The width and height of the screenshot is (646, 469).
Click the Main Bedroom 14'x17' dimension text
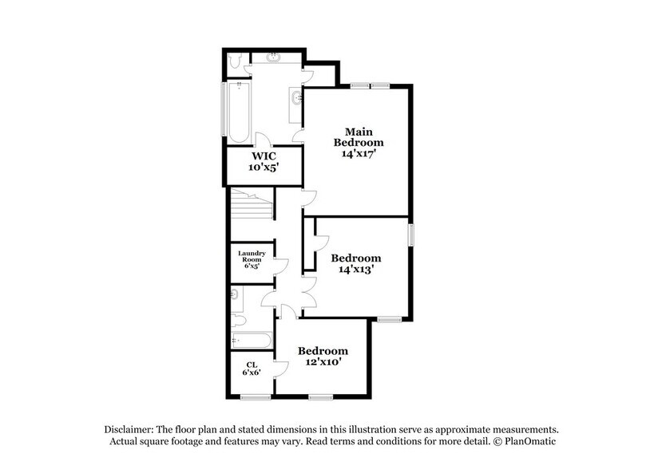click(x=359, y=153)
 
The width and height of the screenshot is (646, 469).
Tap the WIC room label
click(x=264, y=156)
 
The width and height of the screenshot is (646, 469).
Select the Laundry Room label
click(x=252, y=256)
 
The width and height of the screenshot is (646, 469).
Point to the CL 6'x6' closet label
click(x=252, y=368)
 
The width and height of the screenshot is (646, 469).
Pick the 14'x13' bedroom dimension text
click(x=356, y=269)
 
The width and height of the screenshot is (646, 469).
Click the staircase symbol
click(x=252, y=203)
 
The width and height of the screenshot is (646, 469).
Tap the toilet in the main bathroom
click(x=235, y=61)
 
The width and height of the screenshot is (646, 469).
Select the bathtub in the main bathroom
click(x=239, y=112)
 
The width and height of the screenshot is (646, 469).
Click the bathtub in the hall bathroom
click(x=252, y=341)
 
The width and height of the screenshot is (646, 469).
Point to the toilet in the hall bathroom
click(x=238, y=320)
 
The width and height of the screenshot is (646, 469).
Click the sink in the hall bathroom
click(x=235, y=294)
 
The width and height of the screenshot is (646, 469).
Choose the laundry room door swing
click(x=280, y=266)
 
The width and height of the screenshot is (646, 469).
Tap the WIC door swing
click(x=263, y=140)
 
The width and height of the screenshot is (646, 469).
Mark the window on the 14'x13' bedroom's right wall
click(x=411, y=235)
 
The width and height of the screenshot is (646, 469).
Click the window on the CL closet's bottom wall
click(x=256, y=397)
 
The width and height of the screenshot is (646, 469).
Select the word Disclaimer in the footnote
click(x=129, y=430)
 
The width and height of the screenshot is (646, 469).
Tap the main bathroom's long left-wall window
click(x=224, y=109)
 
